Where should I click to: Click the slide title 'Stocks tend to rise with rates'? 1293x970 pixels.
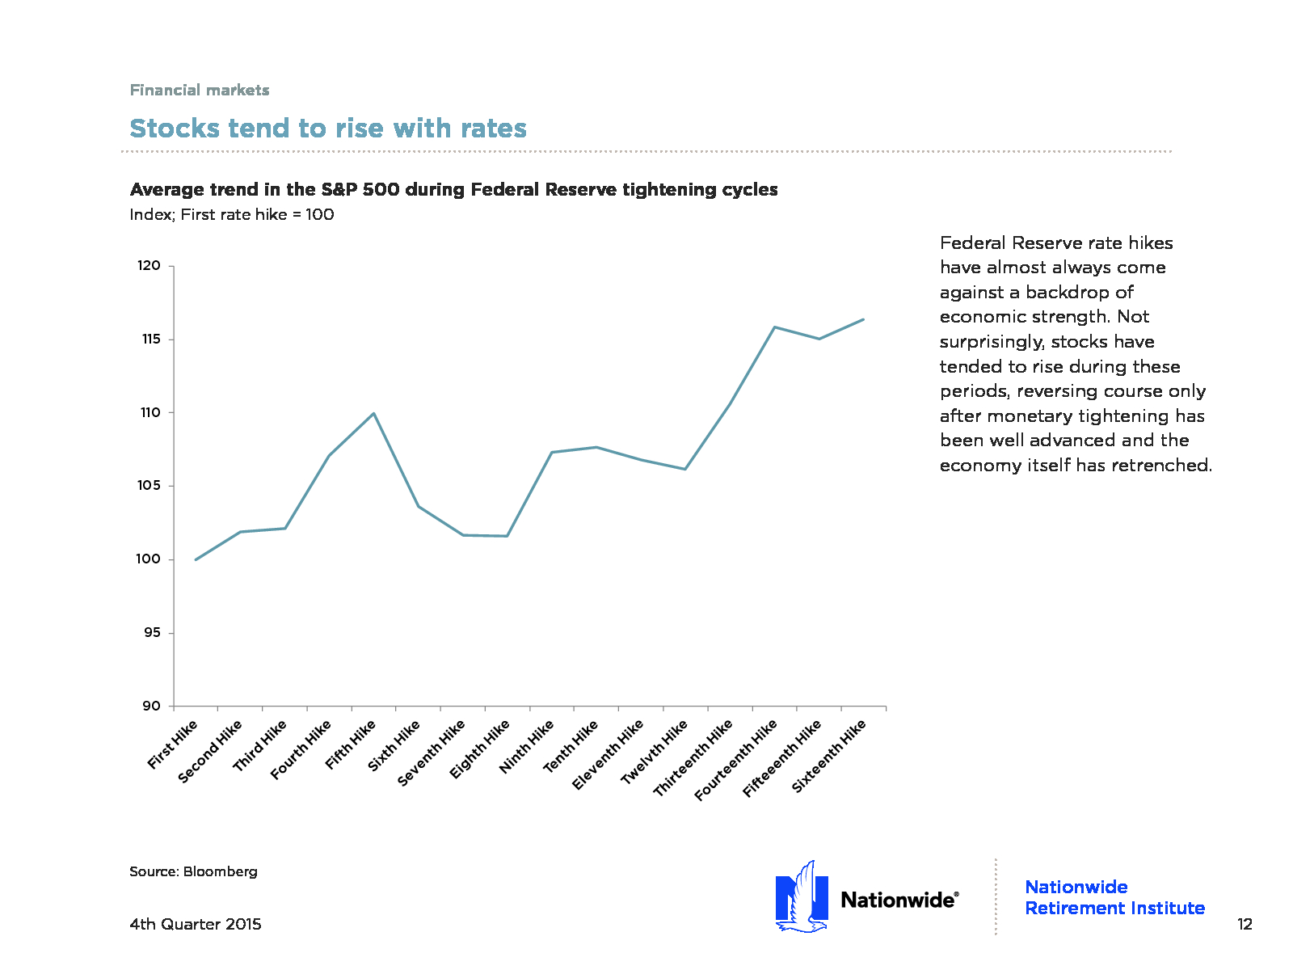tap(328, 129)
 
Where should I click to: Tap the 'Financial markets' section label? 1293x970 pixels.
tap(200, 90)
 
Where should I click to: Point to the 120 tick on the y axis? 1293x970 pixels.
tap(150, 266)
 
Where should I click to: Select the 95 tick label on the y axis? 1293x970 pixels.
tap(152, 633)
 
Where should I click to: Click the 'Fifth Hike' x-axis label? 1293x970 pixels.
tap(352, 744)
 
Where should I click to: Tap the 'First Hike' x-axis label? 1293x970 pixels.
tap(173, 744)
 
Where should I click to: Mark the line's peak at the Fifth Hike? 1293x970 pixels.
tap(373, 413)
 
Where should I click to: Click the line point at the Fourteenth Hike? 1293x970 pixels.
tap(775, 327)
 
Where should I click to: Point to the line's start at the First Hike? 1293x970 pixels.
tap(196, 559)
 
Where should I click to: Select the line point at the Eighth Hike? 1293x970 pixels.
tap(507, 536)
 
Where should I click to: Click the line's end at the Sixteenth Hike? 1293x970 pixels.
tap(864, 319)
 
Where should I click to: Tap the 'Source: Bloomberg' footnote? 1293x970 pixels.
tap(193, 871)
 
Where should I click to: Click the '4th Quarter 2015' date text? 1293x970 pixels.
tap(196, 924)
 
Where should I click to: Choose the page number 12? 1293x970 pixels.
tap(1245, 924)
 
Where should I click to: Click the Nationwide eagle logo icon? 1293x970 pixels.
tap(802, 897)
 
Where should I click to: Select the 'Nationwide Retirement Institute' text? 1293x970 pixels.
tap(1114, 897)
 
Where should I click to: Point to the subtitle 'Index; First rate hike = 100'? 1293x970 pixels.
tap(232, 214)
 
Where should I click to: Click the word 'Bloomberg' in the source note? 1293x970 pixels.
tap(220, 871)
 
